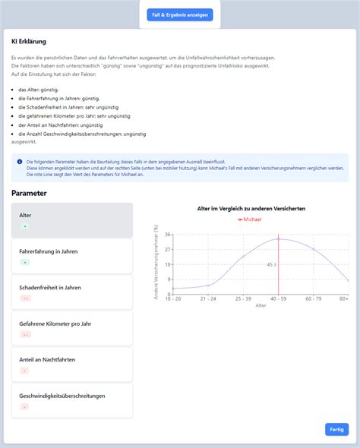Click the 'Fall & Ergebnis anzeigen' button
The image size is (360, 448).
(x=180, y=14)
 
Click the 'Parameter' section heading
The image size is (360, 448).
(x=29, y=192)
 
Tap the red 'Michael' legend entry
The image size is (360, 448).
(x=250, y=219)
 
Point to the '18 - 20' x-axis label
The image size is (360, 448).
(x=173, y=298)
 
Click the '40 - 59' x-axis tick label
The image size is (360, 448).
(x=279, y=298)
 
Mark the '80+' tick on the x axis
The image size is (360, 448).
(x=344, y=298)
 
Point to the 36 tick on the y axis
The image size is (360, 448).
(x=168, y=235)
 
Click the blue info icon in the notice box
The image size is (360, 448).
(x=20, y=162)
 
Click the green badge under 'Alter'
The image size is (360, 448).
(x=25, y=226)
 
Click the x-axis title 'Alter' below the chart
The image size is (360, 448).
(x=261, y=305)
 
